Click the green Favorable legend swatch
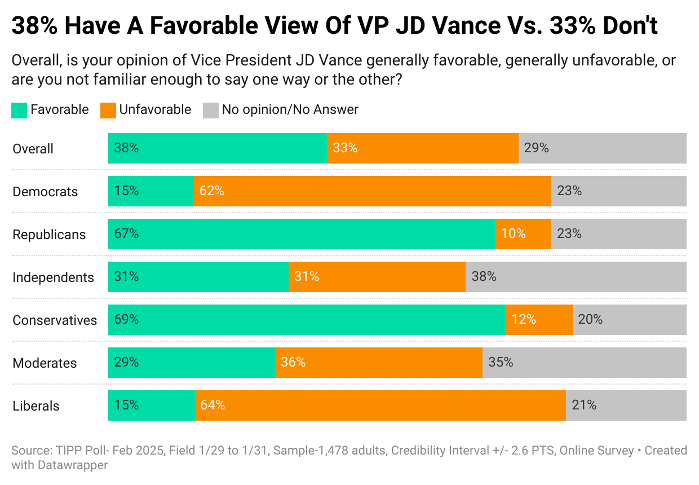pyautogui.click(x=19, y=109)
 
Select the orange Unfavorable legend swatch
pyautogui.click(x=108, y=109)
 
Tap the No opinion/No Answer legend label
pyautogui.click(x=290, y=109)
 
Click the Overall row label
pyautogui.click(x=33, y=149)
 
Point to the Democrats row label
pyautogui.click(x=45, y=192)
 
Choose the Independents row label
pyautogui.click(x=53, y=277)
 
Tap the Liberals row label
pyautogui.click(x=36, y=406)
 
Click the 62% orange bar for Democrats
pyautogui.click(x=372, y=191)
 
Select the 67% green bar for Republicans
pyautogui.click(x=301, y=234)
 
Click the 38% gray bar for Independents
pyautogui.click(x=576, y=277)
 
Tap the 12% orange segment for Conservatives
pyautogui.click(x=538, y=320)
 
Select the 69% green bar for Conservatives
pyautogui.click(x=306, y=320)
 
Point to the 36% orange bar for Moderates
pyautogui.click(x=378, y=363)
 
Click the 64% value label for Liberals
pyautogui.click(x=213, y=405)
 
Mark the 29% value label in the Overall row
pyautogui.click(x=536, y=148)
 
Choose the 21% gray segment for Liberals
pyautogui.click(x=626, y=405)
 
